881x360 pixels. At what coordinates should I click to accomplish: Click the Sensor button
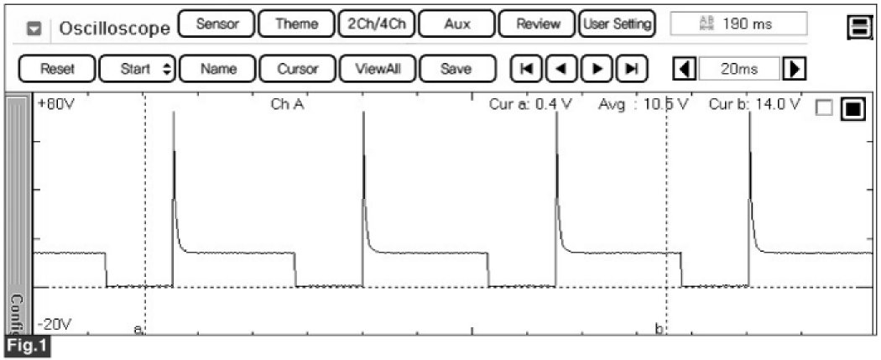[x=216, y=24]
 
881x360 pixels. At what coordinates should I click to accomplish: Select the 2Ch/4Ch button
[x=376, y=24]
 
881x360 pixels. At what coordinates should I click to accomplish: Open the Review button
[x=536, y=24]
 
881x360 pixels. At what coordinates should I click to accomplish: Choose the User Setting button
[x=617, y=24]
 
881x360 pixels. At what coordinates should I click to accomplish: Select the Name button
[x=216, y=70]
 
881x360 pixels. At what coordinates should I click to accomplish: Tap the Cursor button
[x=297, y=70]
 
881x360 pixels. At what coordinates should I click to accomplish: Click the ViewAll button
[x=376, y=70]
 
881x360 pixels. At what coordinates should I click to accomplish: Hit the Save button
[x=456, y=70]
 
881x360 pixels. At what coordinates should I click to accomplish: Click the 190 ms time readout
[x=739, y=24]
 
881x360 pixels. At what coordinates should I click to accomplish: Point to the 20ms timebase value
[x=738, y=70]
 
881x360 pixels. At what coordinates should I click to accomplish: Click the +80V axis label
[x=54, y=107]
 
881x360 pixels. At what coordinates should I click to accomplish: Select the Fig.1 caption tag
[x=25, y=346]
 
